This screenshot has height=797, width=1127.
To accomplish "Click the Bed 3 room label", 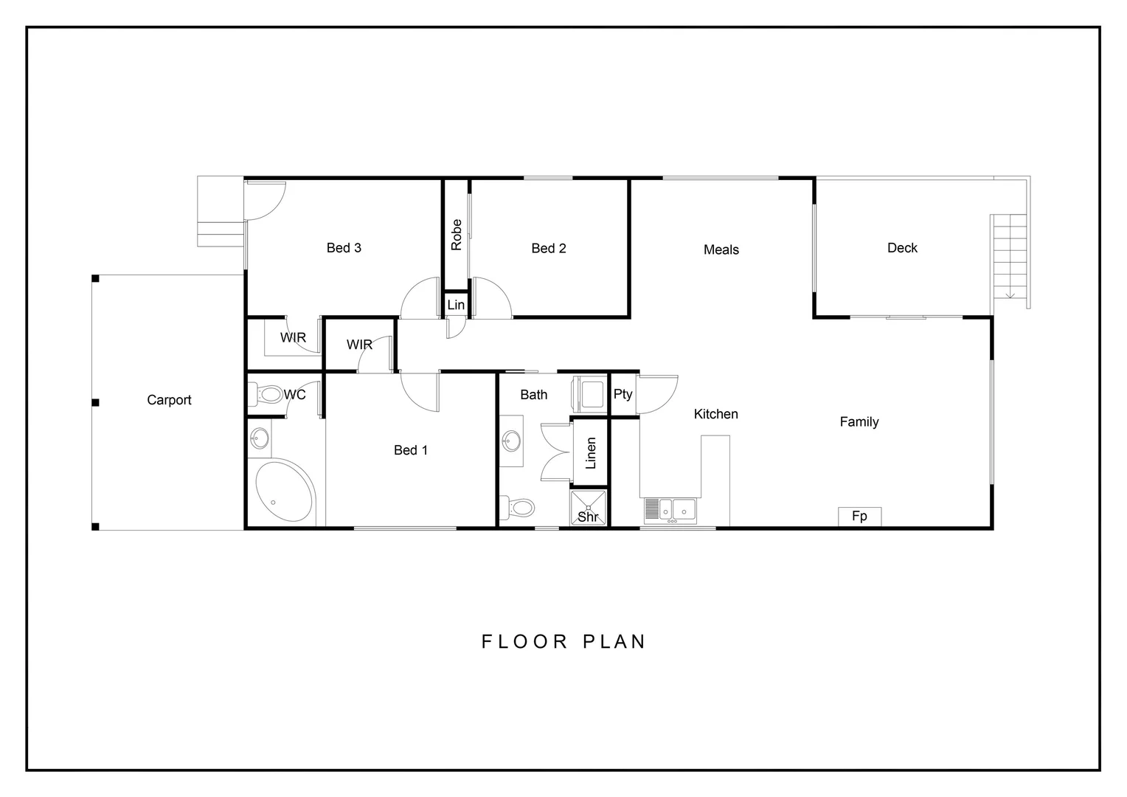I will pos(344,248).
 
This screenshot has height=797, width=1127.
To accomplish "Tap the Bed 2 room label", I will pos(549,249).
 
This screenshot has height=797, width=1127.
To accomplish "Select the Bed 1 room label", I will pos(411,450).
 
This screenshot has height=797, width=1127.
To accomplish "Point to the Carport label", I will pos(169,400).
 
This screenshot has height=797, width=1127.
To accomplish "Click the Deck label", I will pos(902,248).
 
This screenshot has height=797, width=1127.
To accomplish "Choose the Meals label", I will pos(721,250).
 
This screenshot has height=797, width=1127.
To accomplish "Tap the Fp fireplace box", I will pos(859,516).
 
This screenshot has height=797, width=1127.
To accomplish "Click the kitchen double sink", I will pos(678,509).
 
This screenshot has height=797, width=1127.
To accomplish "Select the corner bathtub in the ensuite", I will pos(284,491).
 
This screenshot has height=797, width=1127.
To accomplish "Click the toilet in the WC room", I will pos(266,395).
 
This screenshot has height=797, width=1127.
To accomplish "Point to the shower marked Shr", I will pos(588,508).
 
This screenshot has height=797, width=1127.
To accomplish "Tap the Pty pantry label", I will pos(623,394).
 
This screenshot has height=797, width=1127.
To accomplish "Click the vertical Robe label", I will pos(457,235).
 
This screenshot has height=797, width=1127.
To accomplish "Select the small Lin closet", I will pos(456,305).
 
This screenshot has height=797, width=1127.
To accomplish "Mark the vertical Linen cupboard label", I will pos(590,453).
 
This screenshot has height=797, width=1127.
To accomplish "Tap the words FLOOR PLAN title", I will pos(563,641).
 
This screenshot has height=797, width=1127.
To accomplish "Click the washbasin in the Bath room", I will pos(511,441).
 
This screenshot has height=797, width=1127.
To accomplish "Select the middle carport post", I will pos(95,402).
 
